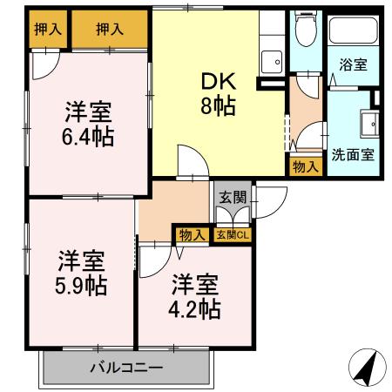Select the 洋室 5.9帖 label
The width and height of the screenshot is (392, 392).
pyautogui.click(x=82, y=272)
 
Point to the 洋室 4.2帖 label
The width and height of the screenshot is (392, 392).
pyautogui.click(x=195, y=296)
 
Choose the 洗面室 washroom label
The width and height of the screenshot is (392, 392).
pyautogui.click(x=353, y=156)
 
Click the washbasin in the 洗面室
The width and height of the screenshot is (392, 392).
pyautogui.click(x=369, y=124)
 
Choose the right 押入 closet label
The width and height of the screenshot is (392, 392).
pyautogui.click(x=110, y=29)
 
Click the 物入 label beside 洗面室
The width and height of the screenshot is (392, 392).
pyautogui.click(x=305, y=166)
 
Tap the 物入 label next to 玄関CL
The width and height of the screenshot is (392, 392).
pyautogui.click(x=192, y=233)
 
